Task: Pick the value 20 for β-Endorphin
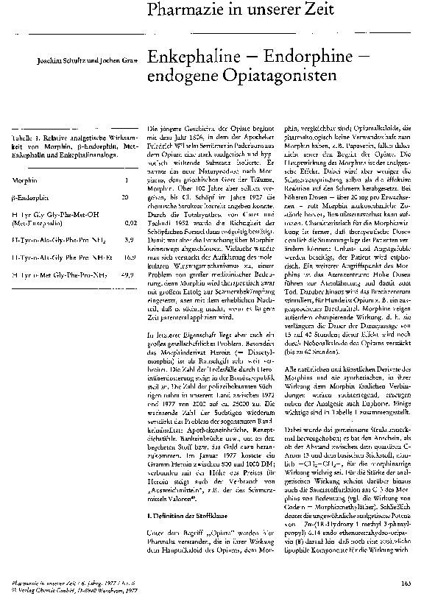click(x=126, y=198)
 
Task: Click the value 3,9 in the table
click(x=129, y=240)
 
